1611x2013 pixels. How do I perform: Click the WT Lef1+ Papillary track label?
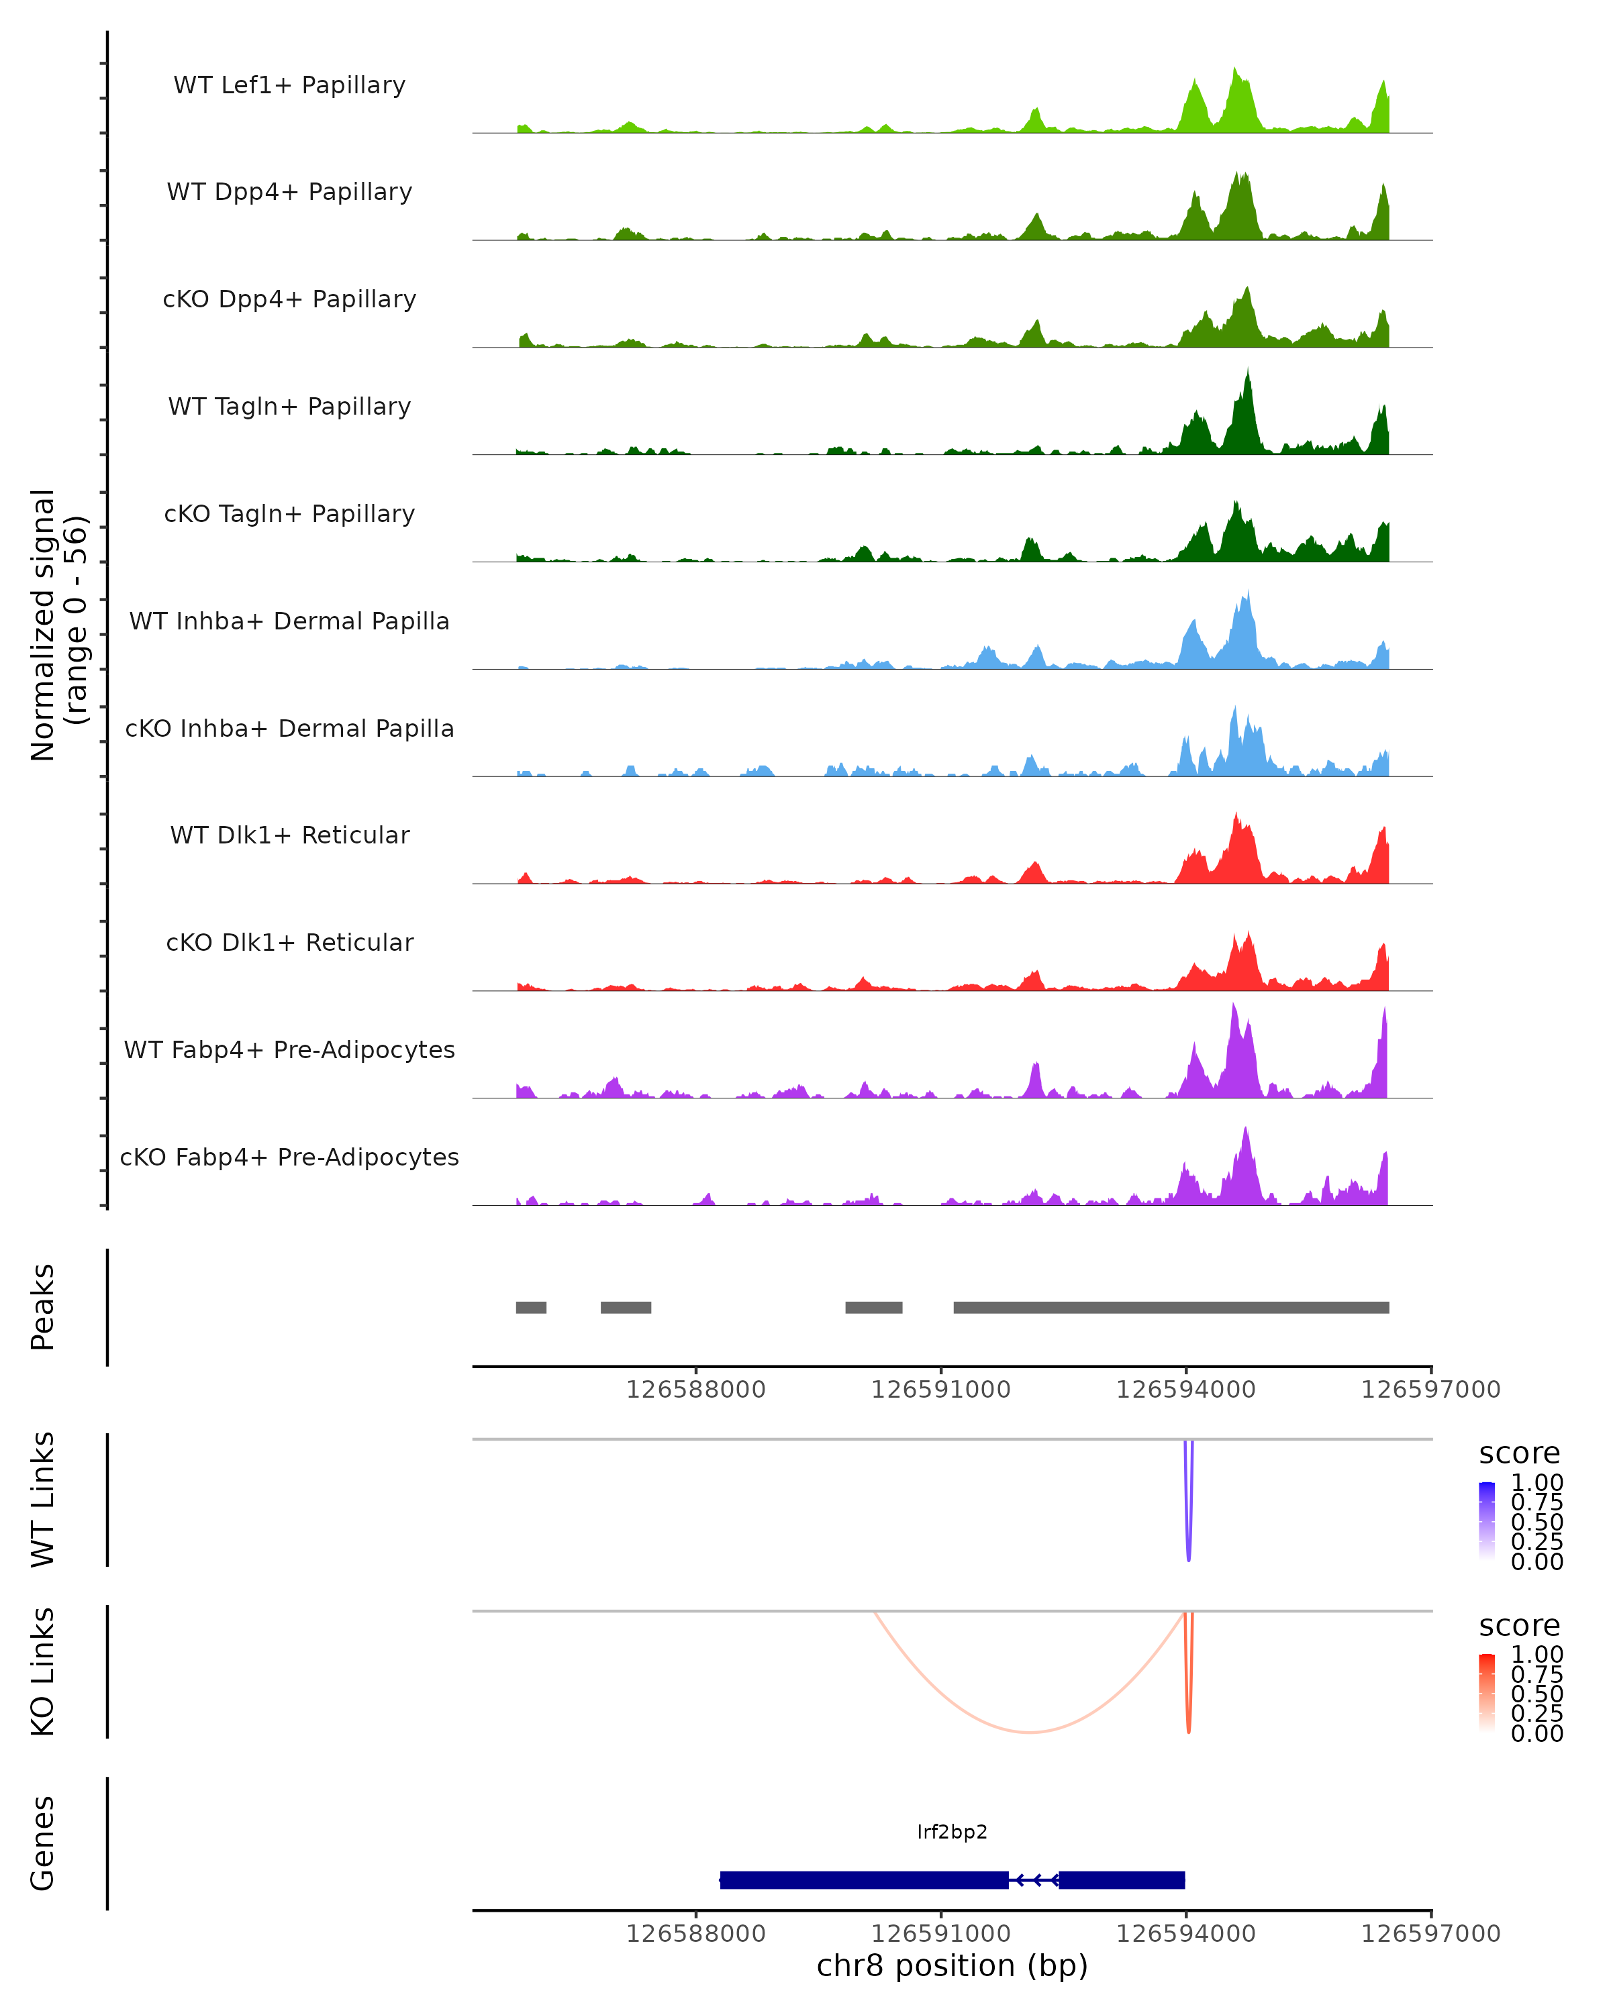click(x=289, y=85)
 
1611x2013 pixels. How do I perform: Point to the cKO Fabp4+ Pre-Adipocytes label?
click(x=289, y=1157)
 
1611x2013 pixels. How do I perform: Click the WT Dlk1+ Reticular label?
click(x=289, y=835)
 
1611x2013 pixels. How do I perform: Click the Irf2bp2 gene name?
click(x=952, y=1832)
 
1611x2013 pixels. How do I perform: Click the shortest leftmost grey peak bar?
click(x=530, y=1307)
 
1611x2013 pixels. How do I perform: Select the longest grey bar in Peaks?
click(x=1171, y=1307)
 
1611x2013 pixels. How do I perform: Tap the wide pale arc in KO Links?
click(x=1028, y=1732)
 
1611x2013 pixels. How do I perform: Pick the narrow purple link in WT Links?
click(x=1188, y=1550)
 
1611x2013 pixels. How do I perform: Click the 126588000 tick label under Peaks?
click(x=696, y=1390)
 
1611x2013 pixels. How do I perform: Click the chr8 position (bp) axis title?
click(x=952, y=1966)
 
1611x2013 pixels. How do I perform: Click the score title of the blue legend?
click(x=1518, y=1454)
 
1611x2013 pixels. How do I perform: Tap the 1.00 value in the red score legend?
click(x=1536, y=1655)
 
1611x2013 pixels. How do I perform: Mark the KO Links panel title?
click(x=43, y=1671)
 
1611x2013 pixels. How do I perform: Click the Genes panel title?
click(x=43, y=1843)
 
